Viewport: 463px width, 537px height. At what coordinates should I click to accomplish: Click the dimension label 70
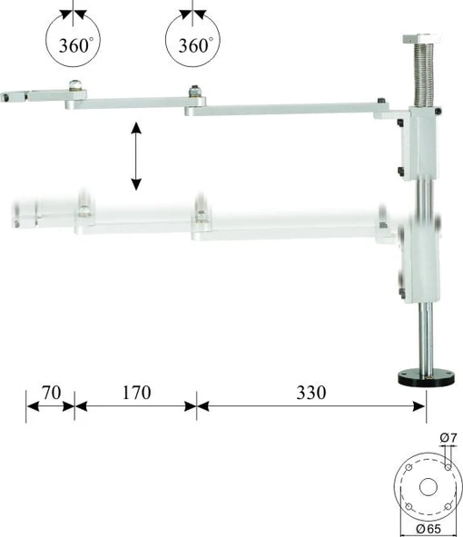point(52,393)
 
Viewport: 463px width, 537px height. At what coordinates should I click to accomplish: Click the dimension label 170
point(137,393)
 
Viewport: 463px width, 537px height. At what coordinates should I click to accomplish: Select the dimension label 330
point(311,393)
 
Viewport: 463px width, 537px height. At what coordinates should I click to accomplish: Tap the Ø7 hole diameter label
point(448,437)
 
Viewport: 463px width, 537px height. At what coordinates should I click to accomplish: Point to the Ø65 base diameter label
point(429,529)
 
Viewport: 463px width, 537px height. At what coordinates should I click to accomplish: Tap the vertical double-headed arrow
point(136,156)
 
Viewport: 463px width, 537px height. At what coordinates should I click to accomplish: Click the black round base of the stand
point(427,376)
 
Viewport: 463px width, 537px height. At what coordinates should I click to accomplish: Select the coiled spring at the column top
point(424,74)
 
